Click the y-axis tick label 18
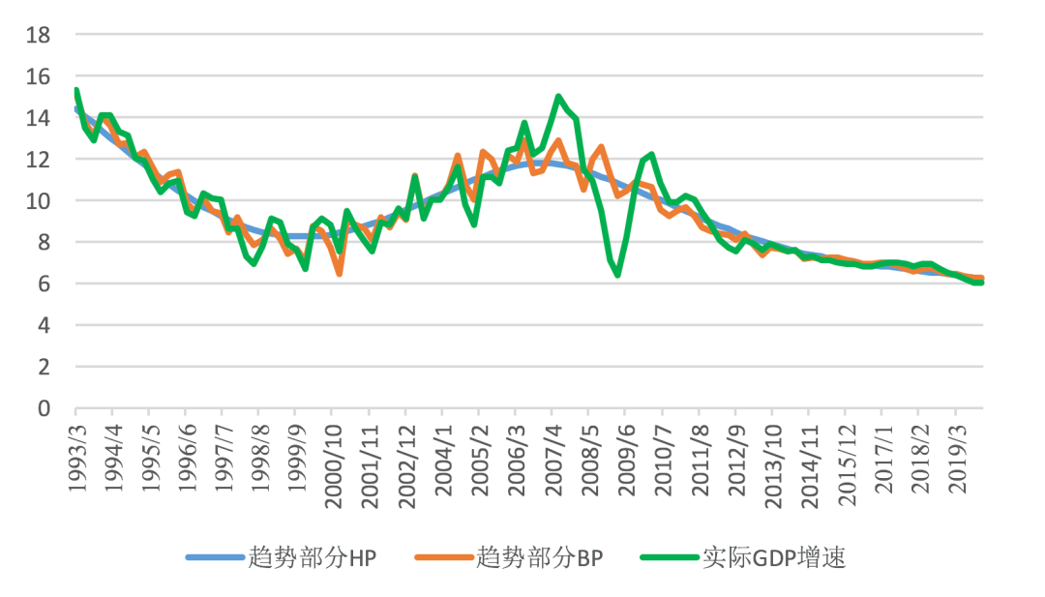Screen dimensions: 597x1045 point(40,35)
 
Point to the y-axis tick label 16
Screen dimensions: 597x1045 point(40,76)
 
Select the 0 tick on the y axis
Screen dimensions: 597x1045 point(45,408)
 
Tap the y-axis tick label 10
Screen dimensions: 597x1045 point(40,201)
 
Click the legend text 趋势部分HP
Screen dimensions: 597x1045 point(311,558)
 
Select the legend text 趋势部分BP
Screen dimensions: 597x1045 point(539,558)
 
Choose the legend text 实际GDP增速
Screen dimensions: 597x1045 point(774,558)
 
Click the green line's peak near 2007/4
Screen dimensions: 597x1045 point(558,97)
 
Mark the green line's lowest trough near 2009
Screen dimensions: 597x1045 point(617,275)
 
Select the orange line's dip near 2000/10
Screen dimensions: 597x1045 point(340,274)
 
